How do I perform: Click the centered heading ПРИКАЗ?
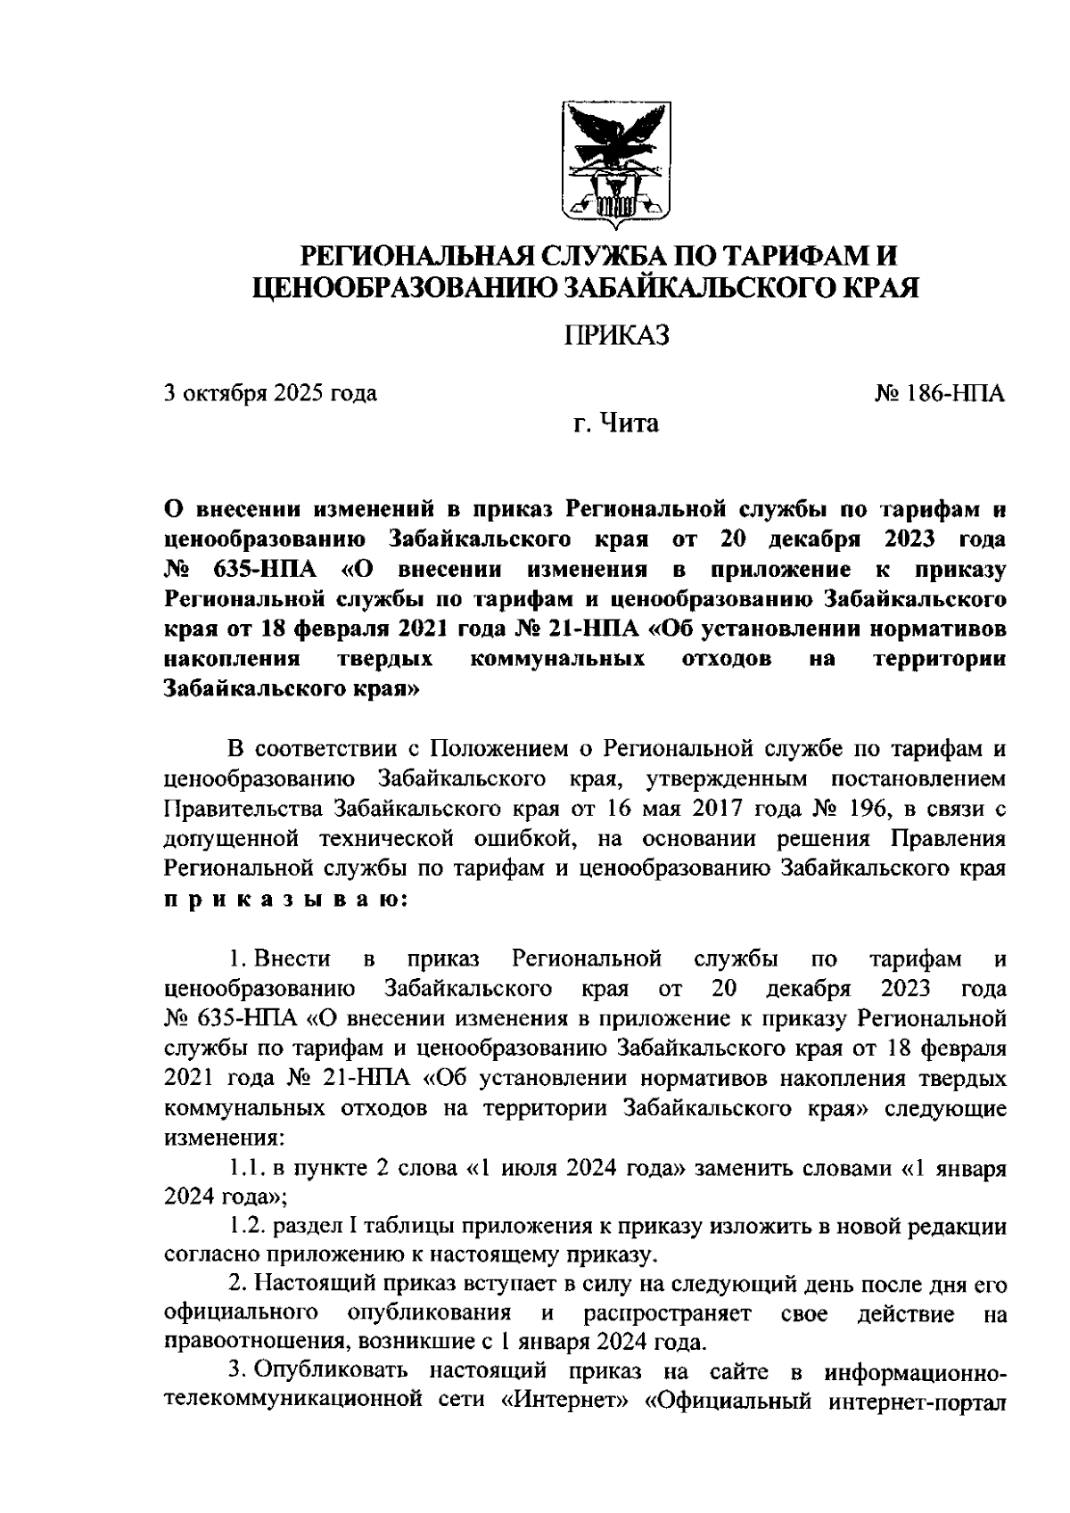pos(616,334)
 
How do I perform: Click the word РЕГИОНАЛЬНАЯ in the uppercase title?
pos(417,258)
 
